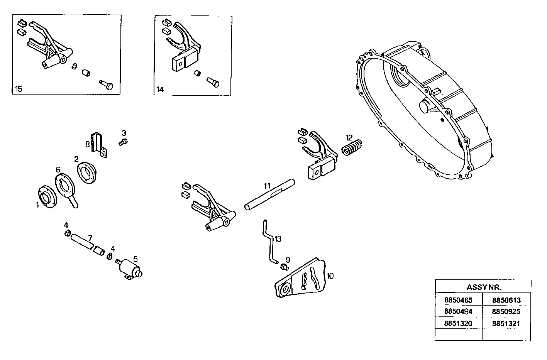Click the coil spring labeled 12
pos(352,148)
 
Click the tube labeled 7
pos(83,241)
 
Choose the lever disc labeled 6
pos(66,188)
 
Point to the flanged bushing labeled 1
pos(48,197)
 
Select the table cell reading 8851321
pos(506,323)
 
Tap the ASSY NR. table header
pos(483,287)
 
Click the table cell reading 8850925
pos(506,312)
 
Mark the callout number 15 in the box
pos(19,89)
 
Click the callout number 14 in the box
pos(160,90)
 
